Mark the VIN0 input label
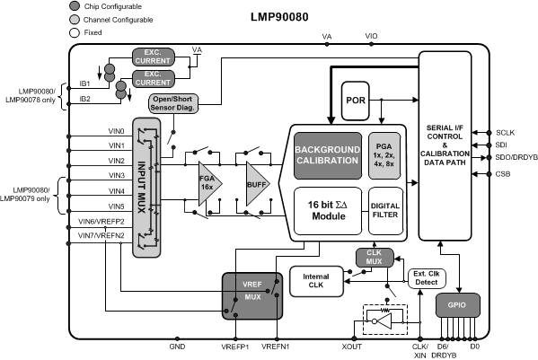[x=117, y=130]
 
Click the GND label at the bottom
[x=177, y=345]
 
